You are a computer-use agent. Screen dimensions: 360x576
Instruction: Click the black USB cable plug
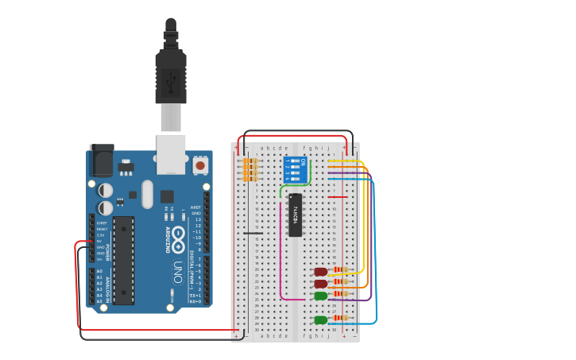171,75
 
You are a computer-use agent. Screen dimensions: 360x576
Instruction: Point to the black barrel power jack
101,162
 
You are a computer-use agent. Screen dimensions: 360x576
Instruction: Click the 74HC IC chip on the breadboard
295,215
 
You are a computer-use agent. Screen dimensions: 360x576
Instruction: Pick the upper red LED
320,272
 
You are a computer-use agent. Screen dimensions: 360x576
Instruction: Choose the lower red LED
320,283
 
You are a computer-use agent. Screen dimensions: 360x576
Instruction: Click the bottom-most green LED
320,319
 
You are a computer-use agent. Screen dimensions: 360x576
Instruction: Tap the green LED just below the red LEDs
320,296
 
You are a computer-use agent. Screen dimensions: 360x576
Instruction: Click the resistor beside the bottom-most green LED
340,319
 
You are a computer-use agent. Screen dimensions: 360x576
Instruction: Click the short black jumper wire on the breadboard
252,233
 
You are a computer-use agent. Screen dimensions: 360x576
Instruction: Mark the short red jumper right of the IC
338,197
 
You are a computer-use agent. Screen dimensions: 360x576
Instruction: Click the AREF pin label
195,207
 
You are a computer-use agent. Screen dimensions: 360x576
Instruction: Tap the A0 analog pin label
99,271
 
